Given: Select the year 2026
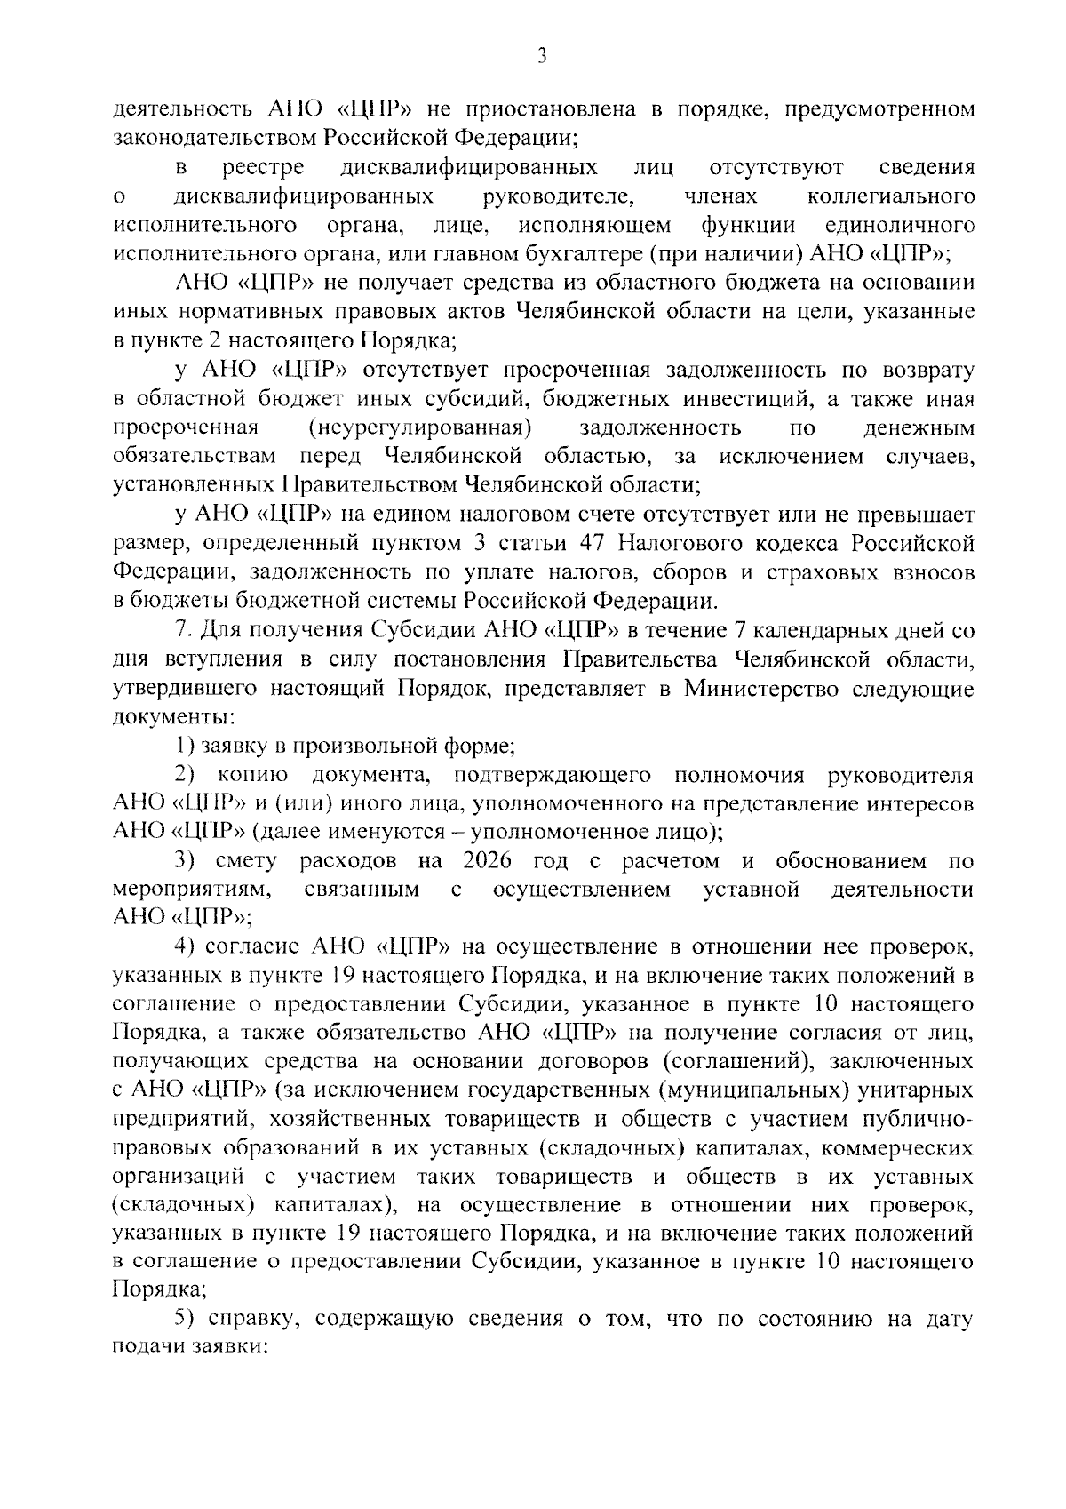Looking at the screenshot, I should coord(489,861).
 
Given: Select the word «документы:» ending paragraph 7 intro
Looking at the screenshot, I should coord(174,715).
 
